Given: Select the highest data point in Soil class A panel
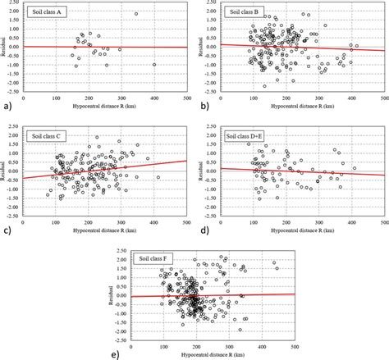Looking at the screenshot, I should click(x=136, y=14).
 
